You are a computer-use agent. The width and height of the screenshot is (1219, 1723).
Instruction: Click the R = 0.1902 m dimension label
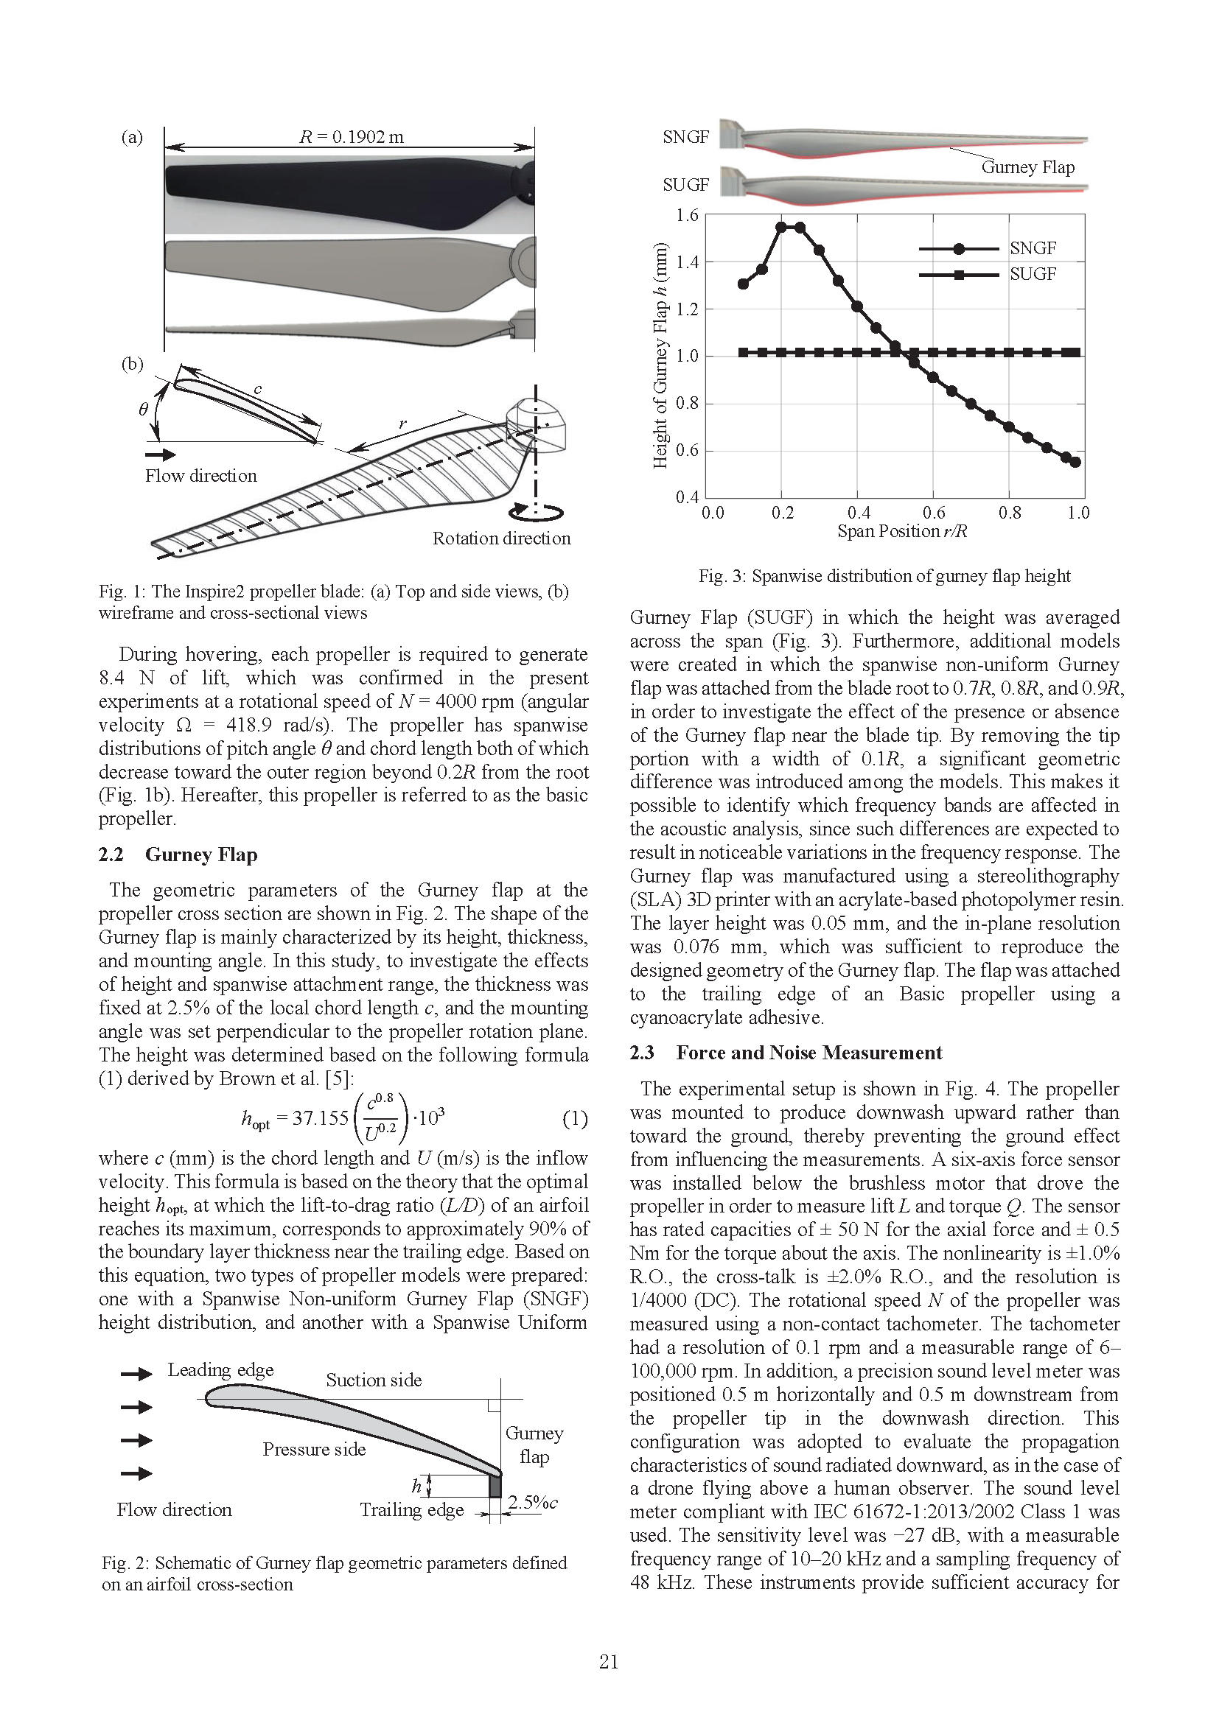click(x=351, y=136)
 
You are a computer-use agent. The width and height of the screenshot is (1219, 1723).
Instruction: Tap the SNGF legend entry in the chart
click(x=1033, y=248)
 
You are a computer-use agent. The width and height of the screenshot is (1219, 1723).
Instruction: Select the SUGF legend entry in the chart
click(x=1033, y=275)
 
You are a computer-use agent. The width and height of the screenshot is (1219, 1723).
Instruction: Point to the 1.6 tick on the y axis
click(x=687, y=216)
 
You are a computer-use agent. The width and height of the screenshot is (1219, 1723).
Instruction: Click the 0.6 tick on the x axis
click(x=934, y=513)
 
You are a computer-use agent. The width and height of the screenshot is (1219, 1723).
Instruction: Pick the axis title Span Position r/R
click(x=901, y=531)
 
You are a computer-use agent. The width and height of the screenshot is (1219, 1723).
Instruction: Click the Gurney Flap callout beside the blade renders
click(x=1027, y=167)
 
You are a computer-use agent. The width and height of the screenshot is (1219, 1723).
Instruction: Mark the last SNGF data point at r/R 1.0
click(x=1075, y=463)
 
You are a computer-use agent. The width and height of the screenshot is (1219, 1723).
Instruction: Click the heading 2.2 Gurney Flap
click(x=178, y=855)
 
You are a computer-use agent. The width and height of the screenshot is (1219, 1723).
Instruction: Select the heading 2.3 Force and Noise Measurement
click(x=785, y=1053)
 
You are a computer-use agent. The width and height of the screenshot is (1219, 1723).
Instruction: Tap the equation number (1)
click(x=574, y=1120)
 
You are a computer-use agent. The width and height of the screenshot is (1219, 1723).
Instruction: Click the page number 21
click(x=609, y=1662)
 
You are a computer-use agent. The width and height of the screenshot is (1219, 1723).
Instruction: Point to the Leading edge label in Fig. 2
click(x=220, y=1370)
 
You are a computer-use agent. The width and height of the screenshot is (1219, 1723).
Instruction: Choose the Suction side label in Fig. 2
click(x=374, y=1380)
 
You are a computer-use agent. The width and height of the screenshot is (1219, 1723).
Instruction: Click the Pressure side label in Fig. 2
click(x=314, y=1449)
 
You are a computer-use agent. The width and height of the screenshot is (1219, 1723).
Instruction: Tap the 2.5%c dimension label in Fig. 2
click(x=532, y=1502)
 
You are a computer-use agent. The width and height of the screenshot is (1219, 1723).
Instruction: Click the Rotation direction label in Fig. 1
click(x=501, y=538)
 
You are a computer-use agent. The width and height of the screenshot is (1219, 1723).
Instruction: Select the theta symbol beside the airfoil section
click(x=143, y=410)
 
